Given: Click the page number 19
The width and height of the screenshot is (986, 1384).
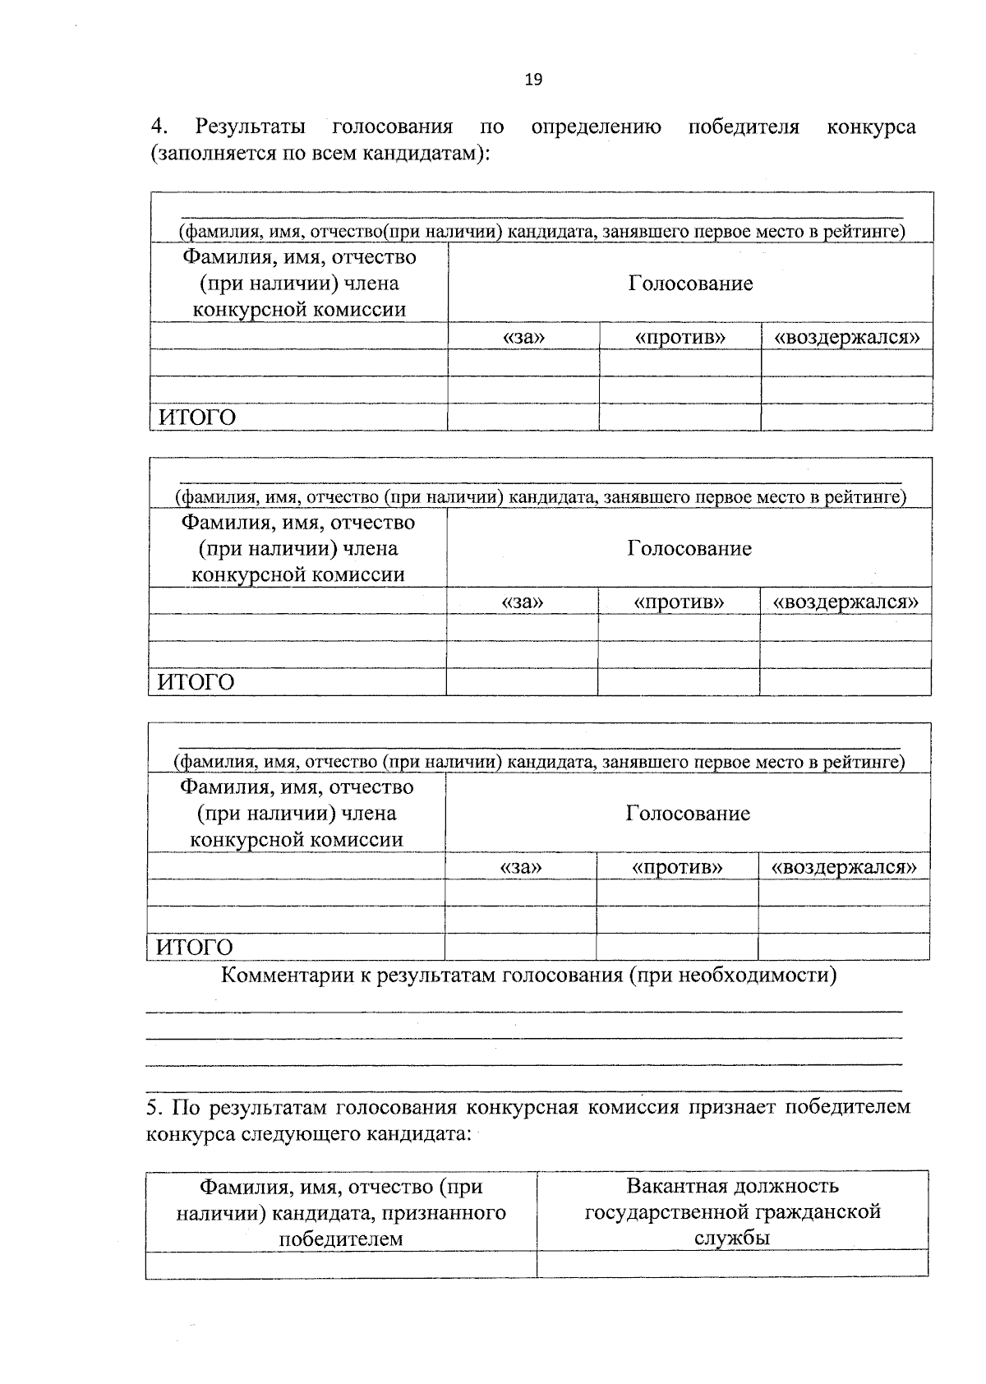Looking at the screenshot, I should tap(533, 80).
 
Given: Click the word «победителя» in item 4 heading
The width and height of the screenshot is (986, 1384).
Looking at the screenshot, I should tap(744, 127).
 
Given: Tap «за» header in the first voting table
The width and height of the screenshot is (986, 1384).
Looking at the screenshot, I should tap(523, 337).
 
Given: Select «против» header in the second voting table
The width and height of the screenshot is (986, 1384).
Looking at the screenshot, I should tap(679, 602).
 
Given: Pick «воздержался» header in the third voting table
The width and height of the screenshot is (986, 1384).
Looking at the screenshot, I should tap(844, 867).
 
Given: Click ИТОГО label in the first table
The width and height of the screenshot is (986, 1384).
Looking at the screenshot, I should tap(197, 418).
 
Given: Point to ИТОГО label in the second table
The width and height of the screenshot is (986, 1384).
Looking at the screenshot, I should tap(196, 682).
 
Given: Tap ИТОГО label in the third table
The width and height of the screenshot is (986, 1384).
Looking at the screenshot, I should tap(195, 947).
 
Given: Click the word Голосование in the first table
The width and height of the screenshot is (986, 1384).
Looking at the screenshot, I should tap(690, 284).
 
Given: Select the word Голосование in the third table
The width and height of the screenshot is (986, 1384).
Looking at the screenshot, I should tap(688, 814).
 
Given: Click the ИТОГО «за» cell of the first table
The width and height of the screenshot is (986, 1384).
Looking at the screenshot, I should tap(523, 418).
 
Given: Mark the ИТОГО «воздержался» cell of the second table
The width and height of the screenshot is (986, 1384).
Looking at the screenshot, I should tap(845, 682).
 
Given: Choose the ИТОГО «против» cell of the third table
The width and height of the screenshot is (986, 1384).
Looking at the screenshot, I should tap(677, 947).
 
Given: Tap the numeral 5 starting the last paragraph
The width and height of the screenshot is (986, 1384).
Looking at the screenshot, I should tap(152, 1107).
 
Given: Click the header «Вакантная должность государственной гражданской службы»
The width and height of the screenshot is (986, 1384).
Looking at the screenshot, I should tap(732, 1211).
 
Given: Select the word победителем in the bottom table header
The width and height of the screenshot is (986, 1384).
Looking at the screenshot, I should tap(341, 1239).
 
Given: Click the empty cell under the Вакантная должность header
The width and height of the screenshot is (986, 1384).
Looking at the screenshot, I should tap(732, 1264).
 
